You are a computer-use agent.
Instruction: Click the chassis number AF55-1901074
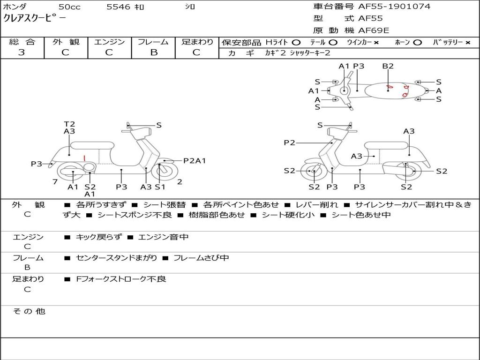click(394, 7)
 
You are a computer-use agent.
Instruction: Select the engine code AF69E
click(374, 30)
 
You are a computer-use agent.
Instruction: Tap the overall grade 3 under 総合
click(22, 52)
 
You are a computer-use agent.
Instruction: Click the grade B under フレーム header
click(154, 52)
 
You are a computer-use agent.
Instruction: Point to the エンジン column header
click(109, 42)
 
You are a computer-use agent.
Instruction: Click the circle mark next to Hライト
click(296, 43)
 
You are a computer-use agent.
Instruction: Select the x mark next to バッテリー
click(468, 43)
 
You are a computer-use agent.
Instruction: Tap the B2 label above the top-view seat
click(388, 66)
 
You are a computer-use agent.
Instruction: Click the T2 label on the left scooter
click(69, 124)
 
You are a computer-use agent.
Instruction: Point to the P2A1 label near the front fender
click(195, 161)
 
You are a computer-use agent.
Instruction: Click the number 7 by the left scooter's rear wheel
click(55, 182)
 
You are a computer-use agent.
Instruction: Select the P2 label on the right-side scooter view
click(289, 142)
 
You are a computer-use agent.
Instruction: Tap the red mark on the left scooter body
click(84, 158)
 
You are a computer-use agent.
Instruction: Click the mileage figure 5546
click(118, 7)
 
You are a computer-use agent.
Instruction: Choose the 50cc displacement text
click(69, 7)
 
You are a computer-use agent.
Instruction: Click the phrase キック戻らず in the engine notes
click(98, 237)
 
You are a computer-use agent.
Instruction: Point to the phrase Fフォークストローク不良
click(121, 279)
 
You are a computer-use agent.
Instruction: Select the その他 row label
click(29, 311)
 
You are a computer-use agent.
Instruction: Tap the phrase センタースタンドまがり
click(116, 258)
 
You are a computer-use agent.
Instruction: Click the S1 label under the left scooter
click(160, 187)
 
